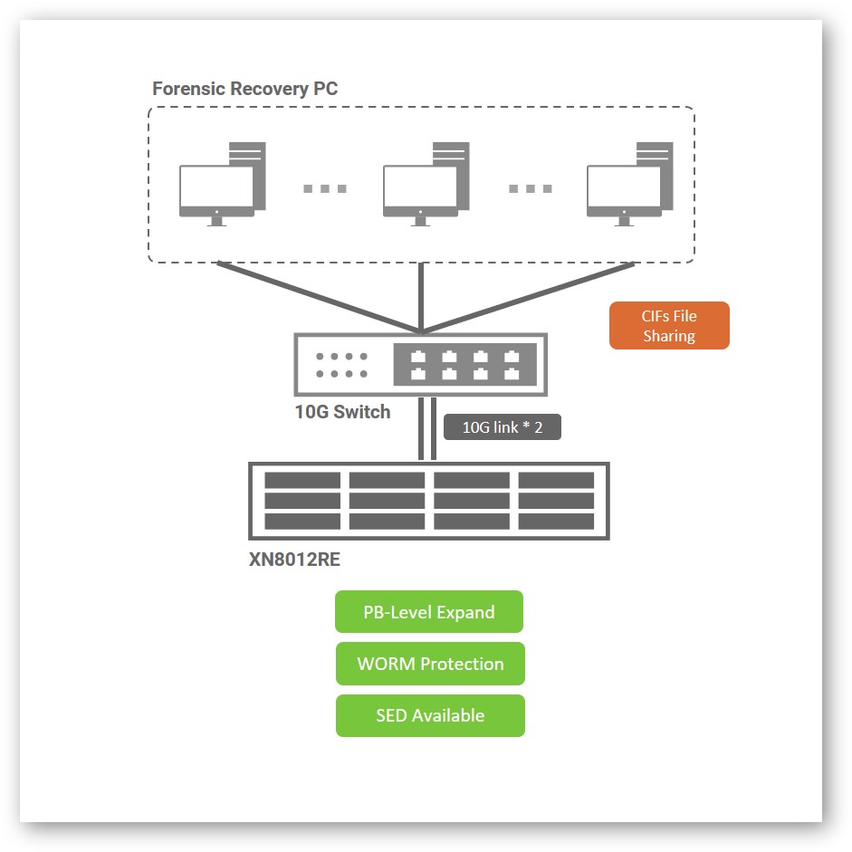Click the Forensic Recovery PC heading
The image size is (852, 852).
coord(244,89)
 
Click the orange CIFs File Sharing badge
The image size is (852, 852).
coord(669,325)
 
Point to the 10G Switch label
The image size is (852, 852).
coord(342,412)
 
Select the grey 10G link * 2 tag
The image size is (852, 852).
coord(503,427)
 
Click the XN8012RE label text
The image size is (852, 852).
coord(294,560)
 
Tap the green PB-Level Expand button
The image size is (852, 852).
coord(429,612)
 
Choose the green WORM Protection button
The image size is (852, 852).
coord(430,664)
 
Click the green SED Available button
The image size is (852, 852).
coord(430,715)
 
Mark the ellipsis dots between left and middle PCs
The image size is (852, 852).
coord(325,188)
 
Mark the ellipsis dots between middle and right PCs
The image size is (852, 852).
coord(530,188)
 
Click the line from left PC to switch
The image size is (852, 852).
coord(317,297)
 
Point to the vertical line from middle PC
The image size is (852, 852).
coord(421,297)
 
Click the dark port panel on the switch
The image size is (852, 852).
coord(464,364)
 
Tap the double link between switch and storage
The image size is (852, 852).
coord(428,429)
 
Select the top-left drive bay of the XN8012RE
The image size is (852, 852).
coord(302,480)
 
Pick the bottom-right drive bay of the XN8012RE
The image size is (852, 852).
coord(556,522)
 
